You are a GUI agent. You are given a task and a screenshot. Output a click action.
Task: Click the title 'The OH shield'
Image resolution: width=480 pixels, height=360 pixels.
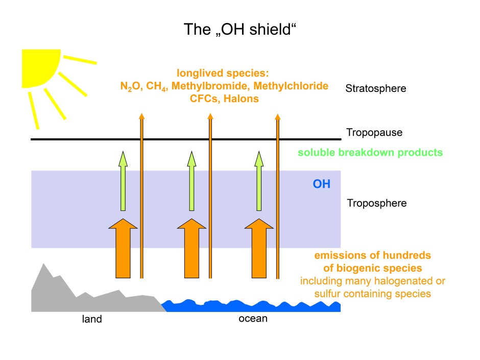coord(240,30)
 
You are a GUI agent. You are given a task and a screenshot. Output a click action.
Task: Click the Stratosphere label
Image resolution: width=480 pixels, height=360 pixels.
coord(375,88)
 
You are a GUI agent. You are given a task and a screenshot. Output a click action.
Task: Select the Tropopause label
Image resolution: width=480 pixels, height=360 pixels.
coord(374,133)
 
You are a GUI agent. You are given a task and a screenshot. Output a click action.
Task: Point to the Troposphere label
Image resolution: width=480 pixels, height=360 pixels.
coord(377,203)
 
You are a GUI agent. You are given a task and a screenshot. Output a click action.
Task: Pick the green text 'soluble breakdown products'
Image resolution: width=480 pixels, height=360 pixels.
coord(370,153)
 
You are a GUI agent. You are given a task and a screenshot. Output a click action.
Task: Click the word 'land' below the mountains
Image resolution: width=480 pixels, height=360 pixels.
coord(92,320)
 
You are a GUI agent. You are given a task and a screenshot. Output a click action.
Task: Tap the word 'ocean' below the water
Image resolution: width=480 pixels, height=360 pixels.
coord(253,319)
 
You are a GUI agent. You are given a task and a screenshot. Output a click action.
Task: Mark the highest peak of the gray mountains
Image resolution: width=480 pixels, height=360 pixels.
coord(44,264)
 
